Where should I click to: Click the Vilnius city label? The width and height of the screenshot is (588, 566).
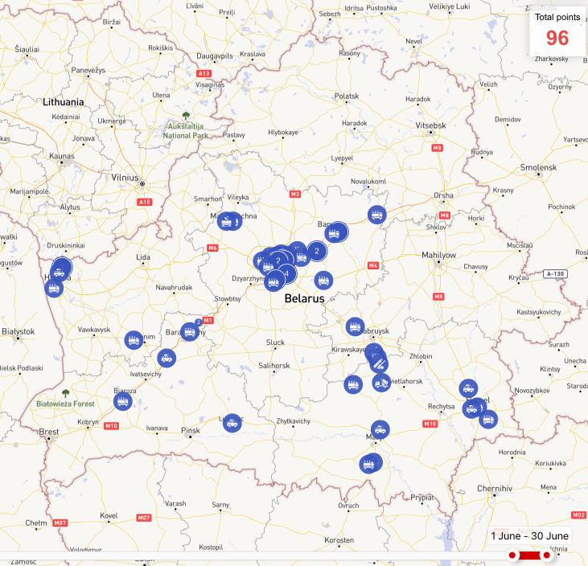(125, 178)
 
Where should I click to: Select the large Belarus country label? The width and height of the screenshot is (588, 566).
(304, 298)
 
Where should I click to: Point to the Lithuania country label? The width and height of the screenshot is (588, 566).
(64, 102)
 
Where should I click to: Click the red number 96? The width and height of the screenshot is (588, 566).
(557, 38)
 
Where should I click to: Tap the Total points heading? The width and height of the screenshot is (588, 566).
(557, 17)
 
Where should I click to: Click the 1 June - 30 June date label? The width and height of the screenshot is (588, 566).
(529, 536)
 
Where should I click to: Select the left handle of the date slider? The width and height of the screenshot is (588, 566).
(512, 555)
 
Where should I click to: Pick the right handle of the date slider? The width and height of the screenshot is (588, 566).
(547, 555)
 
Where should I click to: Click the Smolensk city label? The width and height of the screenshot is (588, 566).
(538, 167)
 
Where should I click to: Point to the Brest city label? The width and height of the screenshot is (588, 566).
(49, 432)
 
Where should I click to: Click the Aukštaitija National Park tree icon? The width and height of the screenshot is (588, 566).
(187, 116)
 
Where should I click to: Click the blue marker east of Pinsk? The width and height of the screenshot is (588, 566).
(232, 422)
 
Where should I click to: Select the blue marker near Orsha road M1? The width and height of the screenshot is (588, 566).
(376, 215)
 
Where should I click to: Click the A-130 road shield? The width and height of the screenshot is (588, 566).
(554, 274)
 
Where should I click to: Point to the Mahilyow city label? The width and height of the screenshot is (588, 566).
(438, 255)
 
